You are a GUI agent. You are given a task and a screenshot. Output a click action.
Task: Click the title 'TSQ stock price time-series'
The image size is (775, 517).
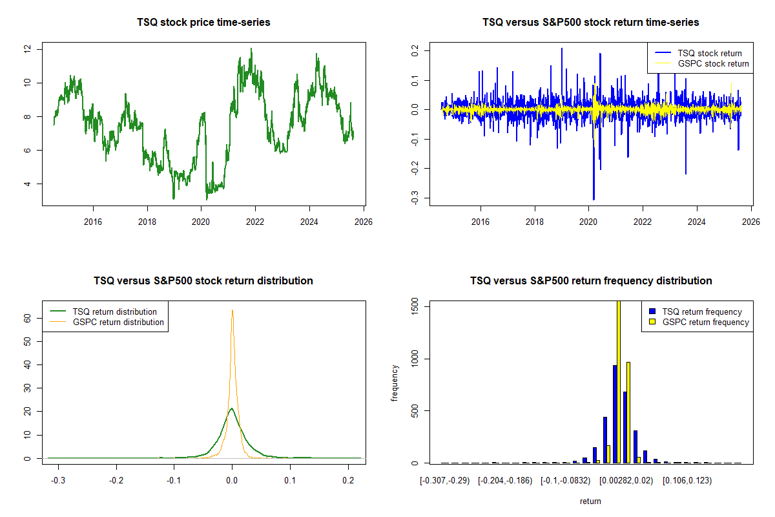point(203,23)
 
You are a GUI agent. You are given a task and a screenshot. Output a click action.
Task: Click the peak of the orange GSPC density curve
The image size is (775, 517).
point(232,311)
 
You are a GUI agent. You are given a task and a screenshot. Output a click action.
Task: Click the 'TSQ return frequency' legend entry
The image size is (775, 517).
point(701,311)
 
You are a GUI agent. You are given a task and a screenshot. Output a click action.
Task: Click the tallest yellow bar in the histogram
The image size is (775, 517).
point(618,381)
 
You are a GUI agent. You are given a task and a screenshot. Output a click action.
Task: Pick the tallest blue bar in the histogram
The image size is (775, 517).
point(614,414)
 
